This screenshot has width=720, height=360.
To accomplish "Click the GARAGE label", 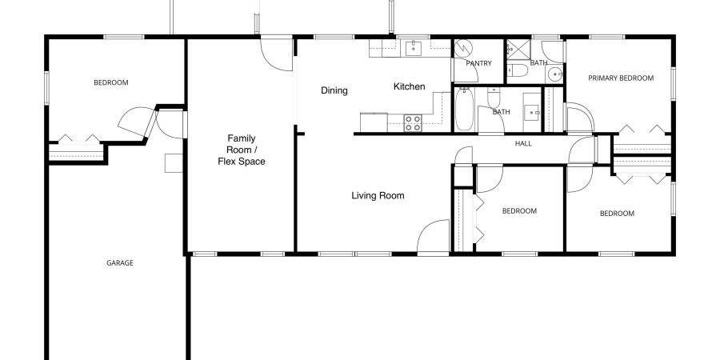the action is pyautogui.click(x=120, y=263).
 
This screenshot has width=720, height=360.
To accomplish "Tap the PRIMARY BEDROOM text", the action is pyautogui.click(x=621, y=78).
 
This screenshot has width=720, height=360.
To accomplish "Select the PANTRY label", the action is pyautogui.click(x=478, y=63).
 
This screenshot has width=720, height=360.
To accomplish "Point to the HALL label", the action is pyautogui.click(x=523, y=144).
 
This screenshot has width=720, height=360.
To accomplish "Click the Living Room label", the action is pyautogui.click(x=378, y=196).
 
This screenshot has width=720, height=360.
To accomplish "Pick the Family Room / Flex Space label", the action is pyautogui.click(x=242, y=150).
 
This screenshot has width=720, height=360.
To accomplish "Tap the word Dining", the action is pyautogui.click(x=334, y=91).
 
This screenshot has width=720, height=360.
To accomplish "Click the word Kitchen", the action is pyautogui.click(x=409, y=86).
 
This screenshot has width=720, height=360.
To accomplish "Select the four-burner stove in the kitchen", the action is pyautogui.click(x=412, y=123).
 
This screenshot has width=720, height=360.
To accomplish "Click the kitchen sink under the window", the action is pyautogui.click(x=414, y=48).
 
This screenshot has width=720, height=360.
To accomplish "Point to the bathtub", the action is pyautogui.click(x=463, y=110).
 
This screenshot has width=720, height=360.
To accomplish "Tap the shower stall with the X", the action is pyautogui.click(x=518, y=50).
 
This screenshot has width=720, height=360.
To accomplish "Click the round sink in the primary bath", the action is pyautogui.click(x=555, y=74).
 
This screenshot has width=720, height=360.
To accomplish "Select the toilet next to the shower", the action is pyautogui.click(x=519, y=70).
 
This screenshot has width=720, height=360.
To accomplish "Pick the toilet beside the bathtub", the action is pyautogui.click(x=494, y=98).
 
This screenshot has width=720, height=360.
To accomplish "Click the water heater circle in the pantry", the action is pyautogui.click(x=463, y=49).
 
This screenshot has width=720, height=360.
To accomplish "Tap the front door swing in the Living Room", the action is pyautogui.click(x=433, y=236).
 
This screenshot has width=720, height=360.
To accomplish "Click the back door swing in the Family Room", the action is pyautogui.click(x=277, y=54).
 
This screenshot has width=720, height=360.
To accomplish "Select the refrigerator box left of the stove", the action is pyautogui.click(x=374, y=122).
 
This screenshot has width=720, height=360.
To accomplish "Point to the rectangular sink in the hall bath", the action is pyautogui.click(x=532, y=112).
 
